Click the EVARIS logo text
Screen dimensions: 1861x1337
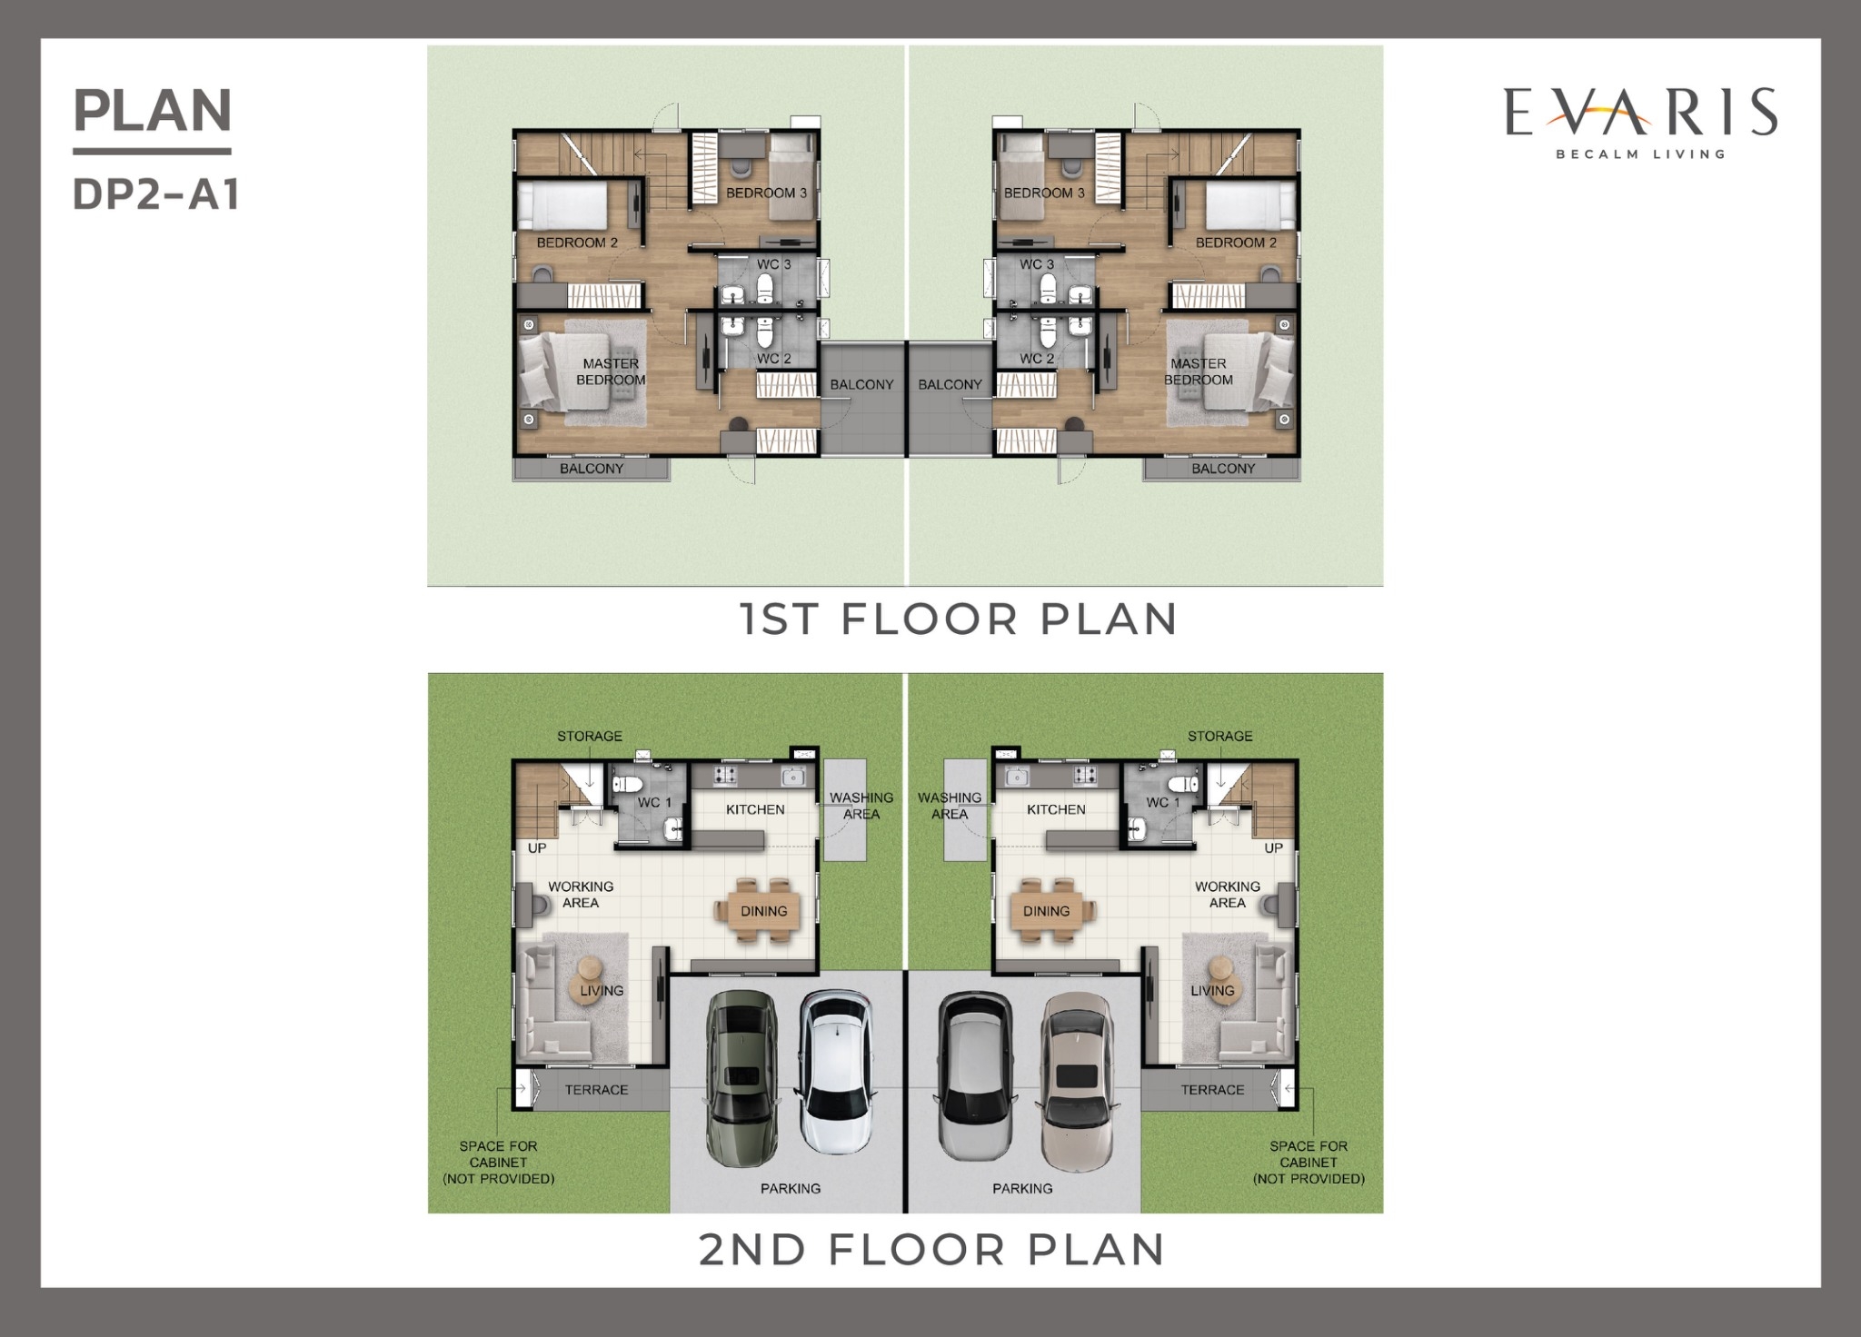pos(1641,112)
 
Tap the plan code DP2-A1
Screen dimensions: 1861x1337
pos(156,194)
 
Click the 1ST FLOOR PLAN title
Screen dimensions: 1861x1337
pos(959,619)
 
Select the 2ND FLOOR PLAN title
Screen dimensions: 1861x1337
pos(932,1250)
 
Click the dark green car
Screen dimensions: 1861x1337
pos(741,1077)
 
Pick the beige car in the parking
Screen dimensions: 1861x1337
pos(1078,1082)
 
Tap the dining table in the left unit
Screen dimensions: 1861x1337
pos(763,911)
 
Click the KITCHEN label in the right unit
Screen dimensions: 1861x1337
pos(1056,809)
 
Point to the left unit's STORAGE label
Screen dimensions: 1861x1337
pos(590,736)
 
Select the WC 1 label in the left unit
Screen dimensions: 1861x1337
pos(654,803)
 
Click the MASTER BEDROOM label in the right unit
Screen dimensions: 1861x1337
pos(1199,371)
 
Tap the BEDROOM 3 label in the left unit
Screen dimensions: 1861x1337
pos(766,193)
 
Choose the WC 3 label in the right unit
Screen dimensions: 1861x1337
pos(1037,264)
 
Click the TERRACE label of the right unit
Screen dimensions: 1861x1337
pos(1212,1090)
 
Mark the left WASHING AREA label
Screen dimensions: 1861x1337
pos(861,806)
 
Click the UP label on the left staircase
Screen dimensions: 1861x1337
pos(537,848)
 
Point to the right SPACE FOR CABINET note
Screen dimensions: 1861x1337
pos(1309,1163)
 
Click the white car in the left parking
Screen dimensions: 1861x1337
pos(836,1072)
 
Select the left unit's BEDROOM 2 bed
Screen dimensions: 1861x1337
pos(562,206)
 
